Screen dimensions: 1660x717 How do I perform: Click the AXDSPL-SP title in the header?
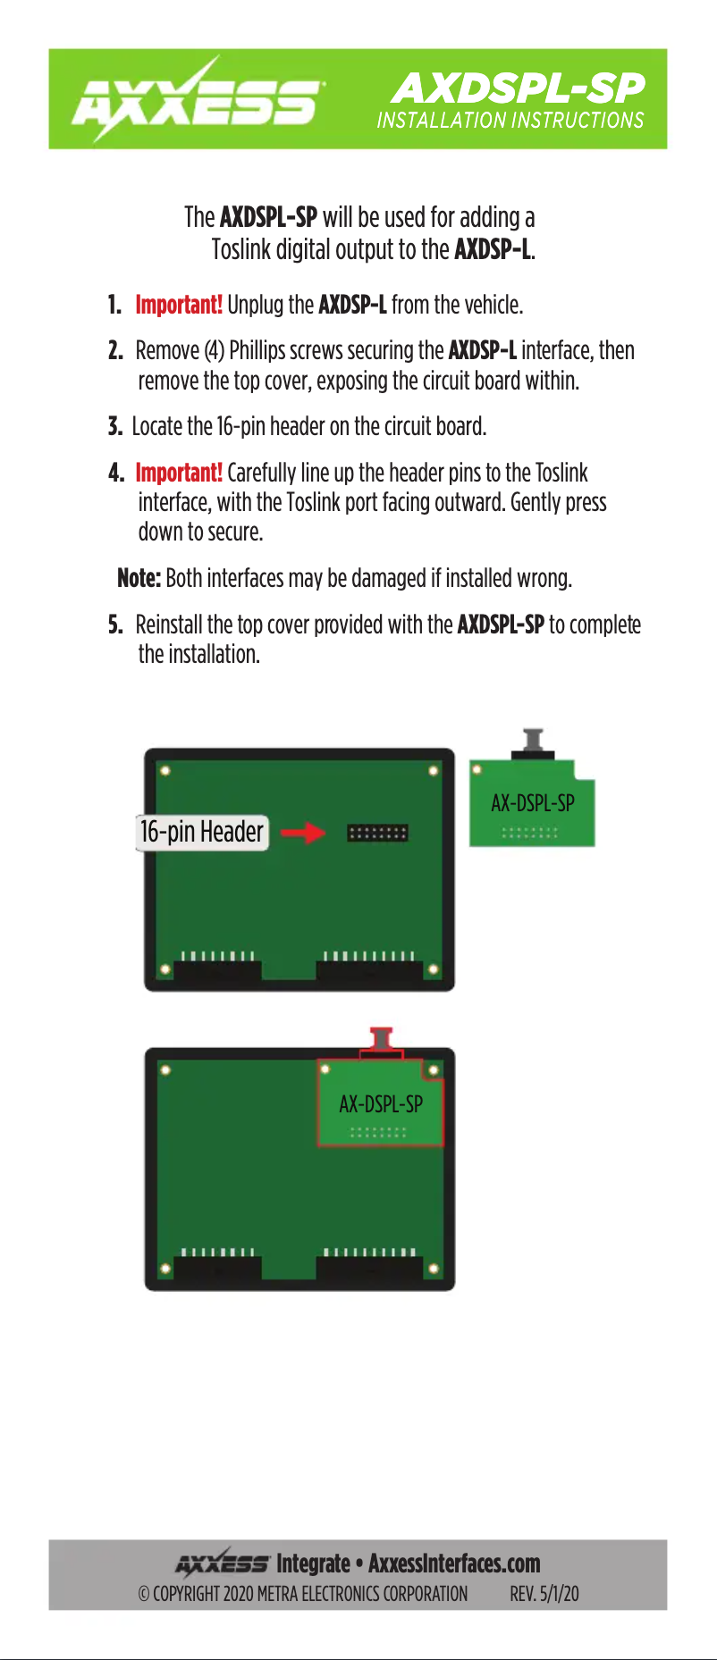click(x=518, y=87)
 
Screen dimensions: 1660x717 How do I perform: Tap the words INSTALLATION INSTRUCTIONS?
click(x=510, y=121)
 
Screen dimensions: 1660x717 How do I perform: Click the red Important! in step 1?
click(x=178, y=305)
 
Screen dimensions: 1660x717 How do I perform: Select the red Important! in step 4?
click(x=178, y=473)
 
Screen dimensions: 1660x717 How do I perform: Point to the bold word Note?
click(x=139, y=578)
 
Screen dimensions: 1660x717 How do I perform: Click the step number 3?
click(x=114, y=427)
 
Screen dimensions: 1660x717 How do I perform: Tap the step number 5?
click(x=114, y=625)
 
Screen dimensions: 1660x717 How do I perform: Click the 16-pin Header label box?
click(x=202, y=832)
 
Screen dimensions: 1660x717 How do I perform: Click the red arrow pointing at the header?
click(x=302, y=833)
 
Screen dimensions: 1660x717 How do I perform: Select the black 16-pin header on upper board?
click(x=377, y=833)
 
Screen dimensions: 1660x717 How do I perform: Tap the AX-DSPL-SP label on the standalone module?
click(x=532, y=803)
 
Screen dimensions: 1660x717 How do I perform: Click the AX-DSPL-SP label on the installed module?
click(x=381, y=1104)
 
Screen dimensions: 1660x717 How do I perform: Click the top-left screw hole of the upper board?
click(x=165, y=770)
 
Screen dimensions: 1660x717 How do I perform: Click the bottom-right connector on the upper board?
click(x=369, y=971)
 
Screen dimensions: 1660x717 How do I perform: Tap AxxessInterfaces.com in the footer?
click(x=454, y=1564)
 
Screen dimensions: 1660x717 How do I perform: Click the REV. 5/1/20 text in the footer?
click(x=544, y=1594)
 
